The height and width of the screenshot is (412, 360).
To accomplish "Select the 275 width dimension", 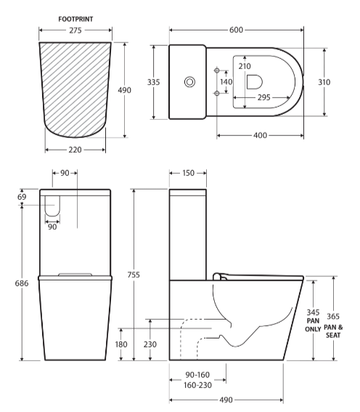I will tap(75, 31).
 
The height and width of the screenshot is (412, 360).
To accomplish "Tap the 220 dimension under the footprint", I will tap(75, 150).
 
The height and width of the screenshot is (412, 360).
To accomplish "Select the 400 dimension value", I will tap(261, 135).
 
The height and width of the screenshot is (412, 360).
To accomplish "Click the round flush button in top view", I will tap(190, 82).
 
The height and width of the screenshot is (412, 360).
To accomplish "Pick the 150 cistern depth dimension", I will tap(188, 174).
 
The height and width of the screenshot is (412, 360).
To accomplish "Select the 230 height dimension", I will tap(150, 344).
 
